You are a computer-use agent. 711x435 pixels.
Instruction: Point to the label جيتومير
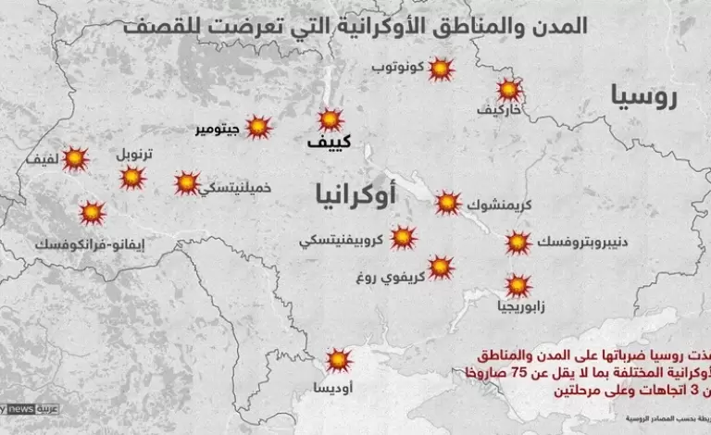pos(217,129)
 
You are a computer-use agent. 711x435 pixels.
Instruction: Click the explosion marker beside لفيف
pos(76,159)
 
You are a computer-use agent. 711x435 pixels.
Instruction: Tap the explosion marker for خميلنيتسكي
pos(188,182)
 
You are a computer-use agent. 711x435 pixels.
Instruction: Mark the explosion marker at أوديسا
pos(339,359)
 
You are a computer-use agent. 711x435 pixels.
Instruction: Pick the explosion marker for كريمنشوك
pos(448,203)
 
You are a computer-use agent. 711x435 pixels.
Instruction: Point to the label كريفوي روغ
pos(388,276)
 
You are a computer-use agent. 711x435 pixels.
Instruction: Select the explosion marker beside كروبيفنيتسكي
pos(404,237)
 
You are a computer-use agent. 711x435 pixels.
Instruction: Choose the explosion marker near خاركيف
pos(508,90)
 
